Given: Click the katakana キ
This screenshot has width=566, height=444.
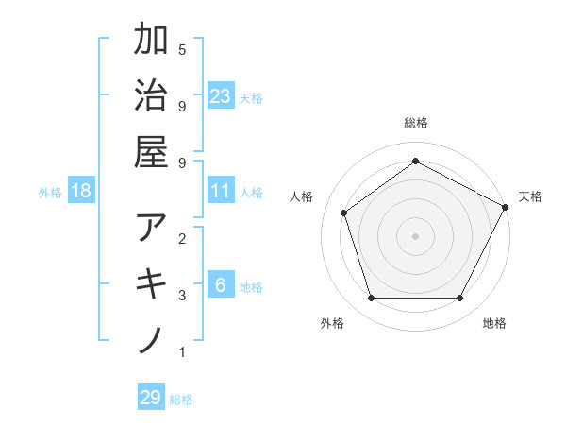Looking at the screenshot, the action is coord(151,283).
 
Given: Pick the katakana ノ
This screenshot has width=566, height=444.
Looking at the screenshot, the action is coord(151,339).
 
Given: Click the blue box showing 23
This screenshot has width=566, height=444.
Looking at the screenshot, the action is coord(221,95).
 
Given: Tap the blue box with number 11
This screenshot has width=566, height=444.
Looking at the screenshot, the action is coord(221,191).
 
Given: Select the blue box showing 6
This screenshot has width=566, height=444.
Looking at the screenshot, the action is coord(221,285).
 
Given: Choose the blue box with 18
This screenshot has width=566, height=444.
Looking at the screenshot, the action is coord(81,191).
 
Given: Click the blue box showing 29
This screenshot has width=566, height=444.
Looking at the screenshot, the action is coord(151,398).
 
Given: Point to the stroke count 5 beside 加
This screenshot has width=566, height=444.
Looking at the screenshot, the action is coord(182,49).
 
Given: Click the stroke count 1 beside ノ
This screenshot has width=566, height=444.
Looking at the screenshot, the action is coord(182,352).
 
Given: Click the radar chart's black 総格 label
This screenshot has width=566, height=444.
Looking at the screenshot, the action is coord(415,123).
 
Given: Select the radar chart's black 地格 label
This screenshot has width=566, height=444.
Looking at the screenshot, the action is coord(494,323).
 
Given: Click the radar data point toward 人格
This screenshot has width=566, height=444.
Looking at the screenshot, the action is coord(344,213).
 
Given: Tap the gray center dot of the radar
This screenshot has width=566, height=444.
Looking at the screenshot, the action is coord(415,235).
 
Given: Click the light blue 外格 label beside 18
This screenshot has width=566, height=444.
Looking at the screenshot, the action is coord(50,193).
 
